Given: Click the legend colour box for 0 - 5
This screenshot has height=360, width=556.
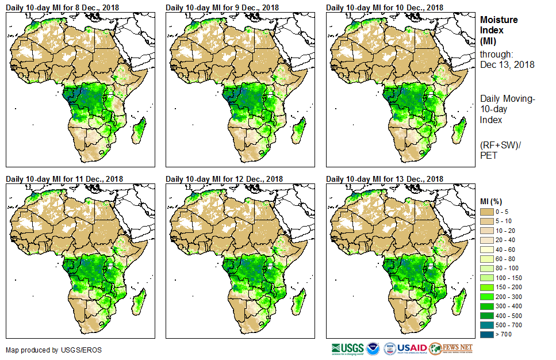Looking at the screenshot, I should pos(488,212).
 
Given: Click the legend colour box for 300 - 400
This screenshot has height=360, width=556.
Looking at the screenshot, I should pos(488,305).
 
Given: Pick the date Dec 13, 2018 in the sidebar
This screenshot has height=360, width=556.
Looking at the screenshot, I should pos(507,65).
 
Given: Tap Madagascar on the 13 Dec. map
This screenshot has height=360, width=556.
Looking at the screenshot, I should pos(459,301).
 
